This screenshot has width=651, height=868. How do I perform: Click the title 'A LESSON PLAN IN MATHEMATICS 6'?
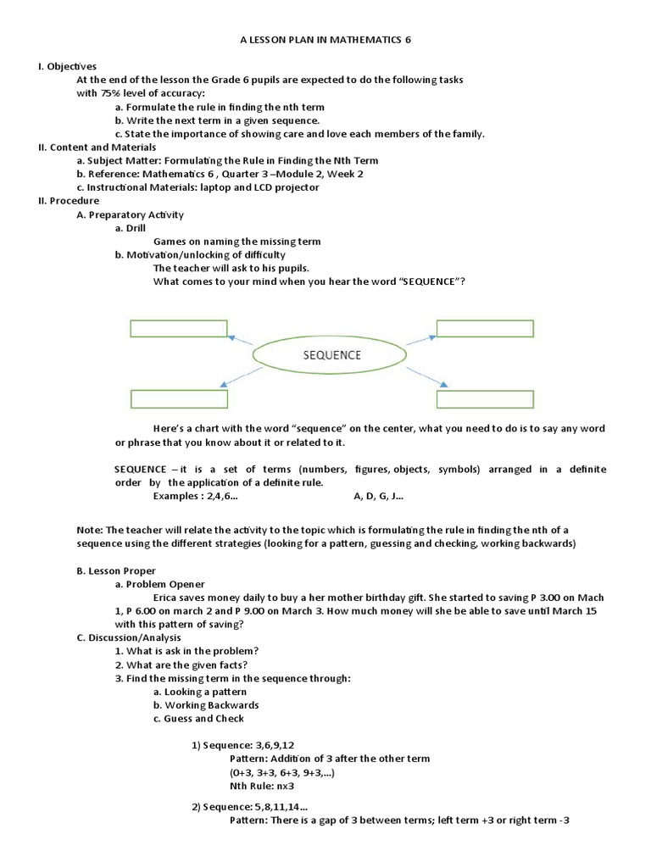(x=325, y=39)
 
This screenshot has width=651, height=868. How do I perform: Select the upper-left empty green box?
(x=179, y=329)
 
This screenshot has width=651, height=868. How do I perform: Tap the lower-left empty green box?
(x=179, y=398)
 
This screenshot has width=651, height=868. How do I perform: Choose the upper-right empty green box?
(x=484, y=329)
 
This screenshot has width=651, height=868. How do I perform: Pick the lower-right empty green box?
(x=484, y=398)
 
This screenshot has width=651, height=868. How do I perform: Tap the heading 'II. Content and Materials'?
(x=98, y=147)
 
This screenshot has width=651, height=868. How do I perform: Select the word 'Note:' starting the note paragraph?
(x=91, y=530)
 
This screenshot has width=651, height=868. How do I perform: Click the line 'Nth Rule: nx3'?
(x=259, y=787)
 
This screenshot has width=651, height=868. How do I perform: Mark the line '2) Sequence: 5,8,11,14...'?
(x=249, y=807)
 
